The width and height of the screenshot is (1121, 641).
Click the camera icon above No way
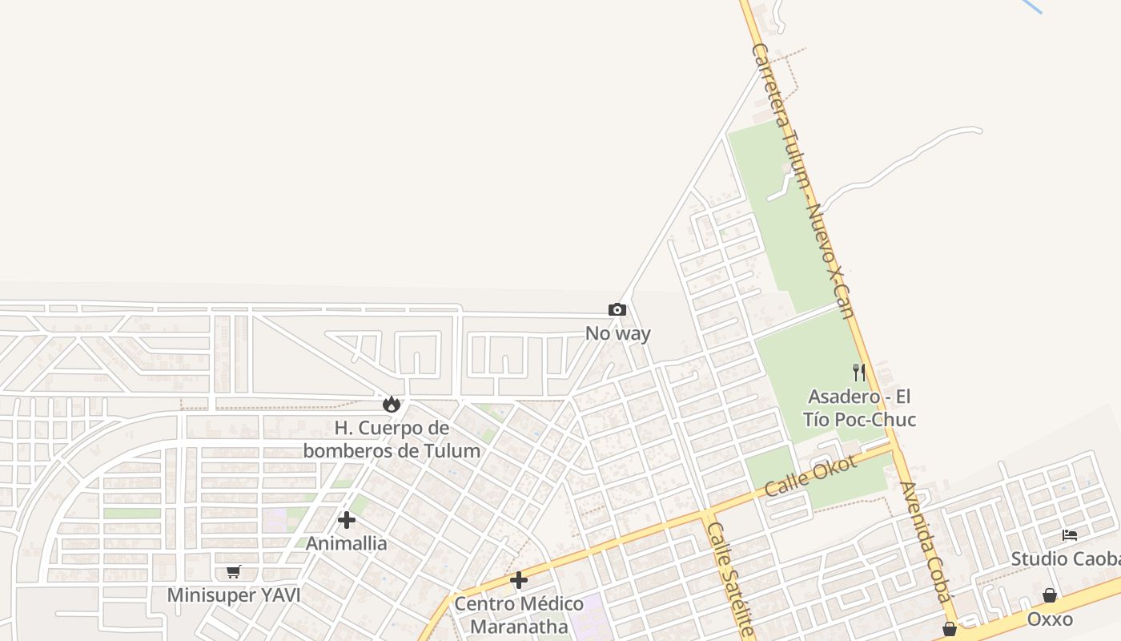point(617,309)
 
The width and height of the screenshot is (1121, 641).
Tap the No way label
point(617,333)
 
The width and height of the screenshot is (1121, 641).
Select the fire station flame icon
point(392,404)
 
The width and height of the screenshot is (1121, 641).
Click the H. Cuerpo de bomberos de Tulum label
point(392,439)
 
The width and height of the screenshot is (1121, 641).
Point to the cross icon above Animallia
point(347,520)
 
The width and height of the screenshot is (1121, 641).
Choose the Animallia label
point(347,543)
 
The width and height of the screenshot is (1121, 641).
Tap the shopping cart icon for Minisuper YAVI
point(233,572)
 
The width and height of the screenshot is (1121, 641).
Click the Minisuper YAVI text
point(233,595)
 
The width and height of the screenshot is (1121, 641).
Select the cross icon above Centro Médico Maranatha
point(519,580)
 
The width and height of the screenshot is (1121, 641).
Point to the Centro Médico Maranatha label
point(519,615)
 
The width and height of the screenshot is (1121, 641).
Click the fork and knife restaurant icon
point(859,372)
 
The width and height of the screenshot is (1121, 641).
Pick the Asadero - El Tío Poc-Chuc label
point(859,408)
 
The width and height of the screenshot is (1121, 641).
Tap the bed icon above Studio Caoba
point(1070,534)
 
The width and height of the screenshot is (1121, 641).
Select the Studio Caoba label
point(1065,558)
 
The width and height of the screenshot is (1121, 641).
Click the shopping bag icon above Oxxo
point(1049,595)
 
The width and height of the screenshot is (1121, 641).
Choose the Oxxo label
point(1049,619)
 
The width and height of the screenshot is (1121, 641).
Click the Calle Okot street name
point(810,476)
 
